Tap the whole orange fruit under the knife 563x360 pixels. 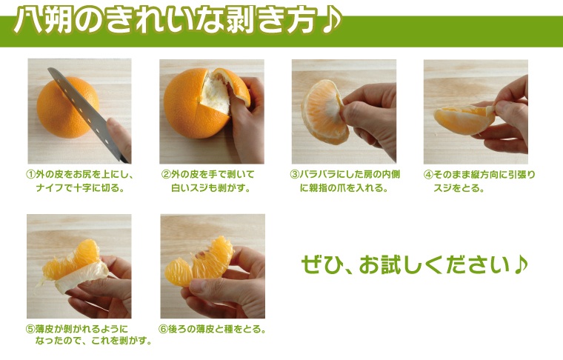pyautogui.click(x=67, y=107)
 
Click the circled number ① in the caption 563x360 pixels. pyautogui.click(x=30, y=175)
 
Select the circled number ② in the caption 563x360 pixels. pyautogui.click(x=166, y=175)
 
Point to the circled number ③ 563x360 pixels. pyautogui.click(x=294, y=175)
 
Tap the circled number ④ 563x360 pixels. pyautogui.click(x=428, y=175)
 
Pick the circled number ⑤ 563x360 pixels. pyautogui.click(x=30, y=329)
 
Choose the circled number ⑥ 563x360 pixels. pyautogui.click(x=163, y=329)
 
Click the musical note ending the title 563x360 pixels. pyautogui.click(x=331, y=21)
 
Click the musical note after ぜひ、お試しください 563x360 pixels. pyautogui.click(x=520, y=265)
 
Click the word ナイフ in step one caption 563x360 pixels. pyautogui.click(x=50, y=187)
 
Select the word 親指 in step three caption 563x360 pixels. pyautogui.click(x=318, y=187)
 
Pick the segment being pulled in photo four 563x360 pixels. pyautogui.click(x=464, y=119)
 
